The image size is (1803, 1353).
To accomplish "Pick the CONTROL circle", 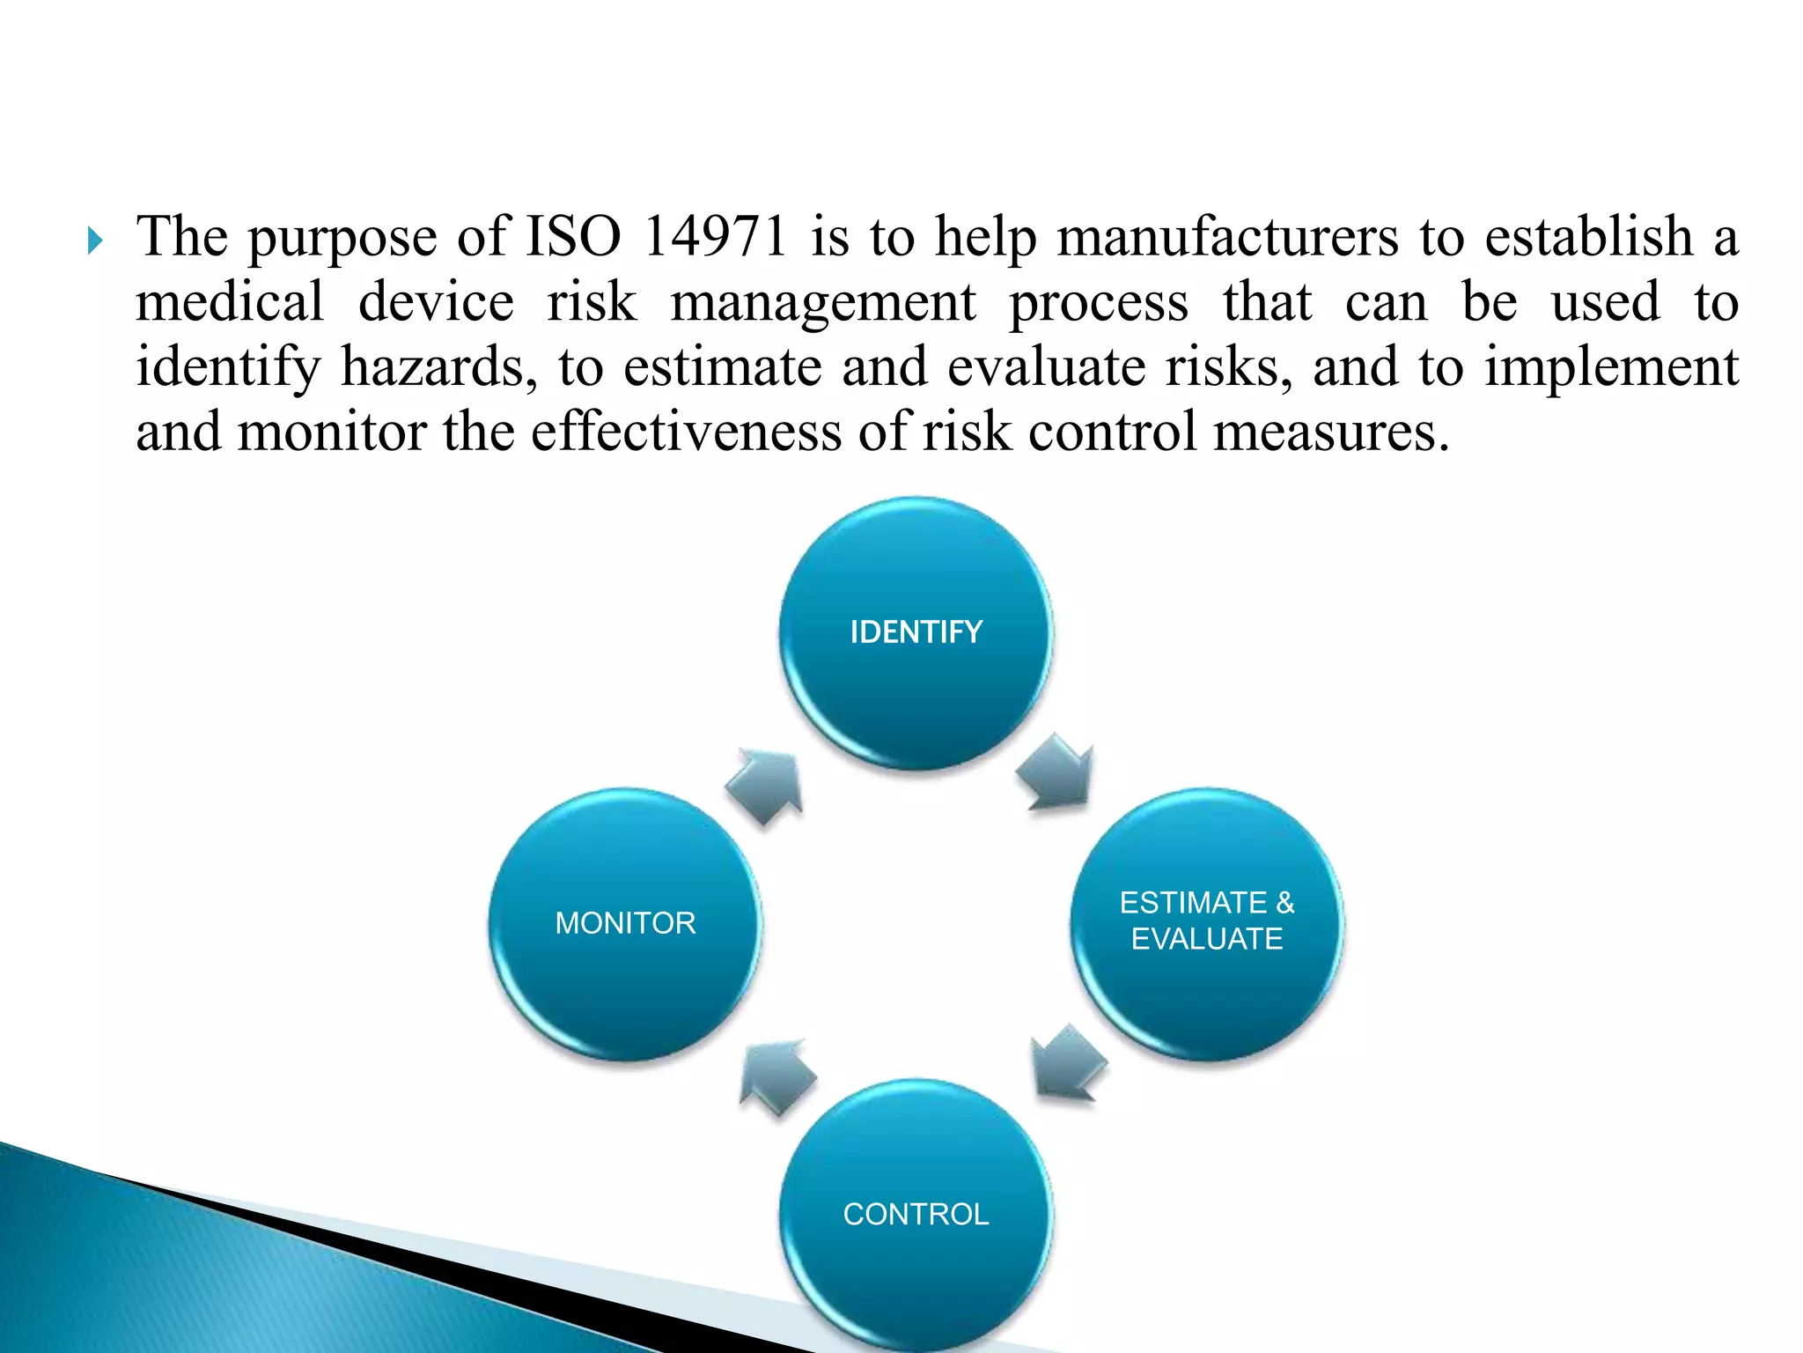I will (x=916, y=1215).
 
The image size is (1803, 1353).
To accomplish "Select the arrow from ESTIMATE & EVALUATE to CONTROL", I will (x=1067, y=1064).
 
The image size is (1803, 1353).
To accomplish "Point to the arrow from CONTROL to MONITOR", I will (x=776, y=1076).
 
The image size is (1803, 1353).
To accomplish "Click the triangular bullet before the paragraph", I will (x=96, y=240).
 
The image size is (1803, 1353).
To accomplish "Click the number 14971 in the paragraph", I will (x=715, y=237).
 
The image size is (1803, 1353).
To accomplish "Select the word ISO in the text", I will (x=573, y=237).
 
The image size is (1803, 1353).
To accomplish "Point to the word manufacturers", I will (x=1227, y=237).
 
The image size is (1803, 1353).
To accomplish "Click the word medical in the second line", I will (x=230, y=302).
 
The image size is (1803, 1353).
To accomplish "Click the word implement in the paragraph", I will (x=1611, y=368).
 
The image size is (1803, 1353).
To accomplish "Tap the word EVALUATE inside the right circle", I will (x=1207, y=939).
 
